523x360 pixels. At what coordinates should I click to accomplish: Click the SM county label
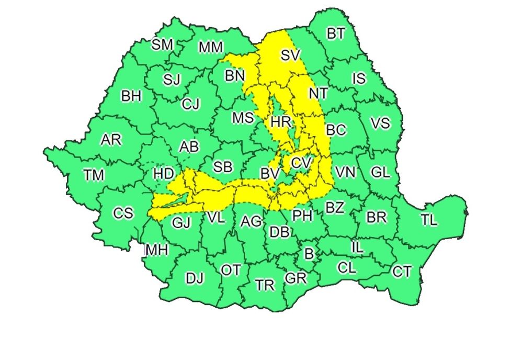point(162,44)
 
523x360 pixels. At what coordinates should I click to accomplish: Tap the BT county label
point(336,34)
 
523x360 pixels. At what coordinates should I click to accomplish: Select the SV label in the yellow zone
point(291,54)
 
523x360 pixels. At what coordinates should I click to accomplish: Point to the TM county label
point(94,175)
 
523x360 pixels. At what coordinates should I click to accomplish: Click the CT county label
point(402,272)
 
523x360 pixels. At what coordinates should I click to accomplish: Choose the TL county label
point(429,220)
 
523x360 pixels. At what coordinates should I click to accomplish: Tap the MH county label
point(157,250)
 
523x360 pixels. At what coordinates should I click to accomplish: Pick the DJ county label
point(195,278)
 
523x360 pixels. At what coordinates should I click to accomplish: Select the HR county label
point(281,122)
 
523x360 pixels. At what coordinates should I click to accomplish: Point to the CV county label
point(301,163)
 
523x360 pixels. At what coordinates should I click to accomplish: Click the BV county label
point(270,173)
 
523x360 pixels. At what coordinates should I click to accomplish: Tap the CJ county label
point(191,104)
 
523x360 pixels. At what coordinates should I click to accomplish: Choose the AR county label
point(111,140)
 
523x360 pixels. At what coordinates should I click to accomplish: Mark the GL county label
point(380,172)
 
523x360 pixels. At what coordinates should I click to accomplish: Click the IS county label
point(359,79)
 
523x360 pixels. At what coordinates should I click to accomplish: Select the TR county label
point(265,285)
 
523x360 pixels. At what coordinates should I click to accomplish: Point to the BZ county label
point(335,208)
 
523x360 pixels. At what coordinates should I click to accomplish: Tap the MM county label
point(211,48)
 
